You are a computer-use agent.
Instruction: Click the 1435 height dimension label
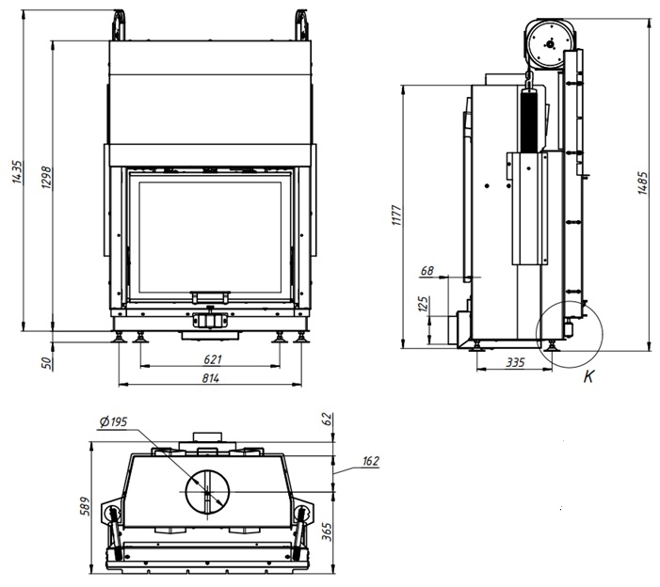click(17, 171)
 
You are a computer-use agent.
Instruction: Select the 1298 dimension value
click(47, 178)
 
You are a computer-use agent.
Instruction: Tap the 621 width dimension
click(213, 359)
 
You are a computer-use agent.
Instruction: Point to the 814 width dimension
click(211, 378)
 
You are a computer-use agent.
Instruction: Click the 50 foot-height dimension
click(48, 363)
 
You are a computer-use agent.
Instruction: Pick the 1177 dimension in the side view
click(397, 215)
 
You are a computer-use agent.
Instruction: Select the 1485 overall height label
click(643, 182)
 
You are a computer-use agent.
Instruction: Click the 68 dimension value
click(427, 271)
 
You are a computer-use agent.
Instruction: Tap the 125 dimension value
click(424, 304)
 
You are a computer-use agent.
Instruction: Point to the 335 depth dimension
click(516, 362)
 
